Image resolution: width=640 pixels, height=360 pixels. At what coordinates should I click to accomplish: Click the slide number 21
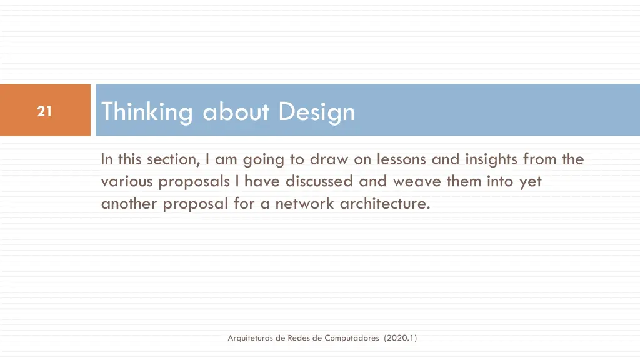44,111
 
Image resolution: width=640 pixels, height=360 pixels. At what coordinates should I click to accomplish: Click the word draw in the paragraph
329,159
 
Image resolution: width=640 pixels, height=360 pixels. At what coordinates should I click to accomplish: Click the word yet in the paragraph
530,182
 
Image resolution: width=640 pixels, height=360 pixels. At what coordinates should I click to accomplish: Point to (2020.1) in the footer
401,338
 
